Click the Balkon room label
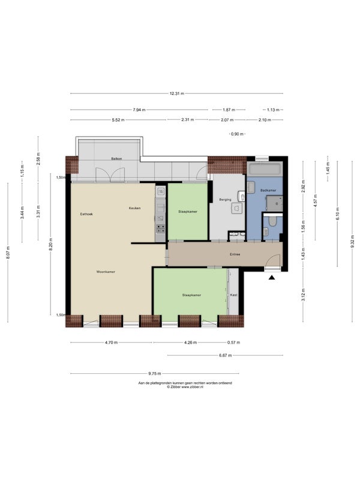(x=116, y=158)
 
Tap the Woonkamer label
(x=106, y=272)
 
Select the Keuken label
(x=134, y=208)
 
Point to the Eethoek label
(x=86, y=214)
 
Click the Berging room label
(x=226, y=200)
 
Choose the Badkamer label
(x=268, y=190)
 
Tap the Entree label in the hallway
(x=235, y=254)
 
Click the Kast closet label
(x=233, y=295)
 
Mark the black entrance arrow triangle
(x=272, y=278)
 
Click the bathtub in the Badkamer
(x=264, y=169)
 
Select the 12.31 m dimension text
(x=177, y=94)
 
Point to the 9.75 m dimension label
(x=155, y=373)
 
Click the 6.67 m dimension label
(x=226, y=355)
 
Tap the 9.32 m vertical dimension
(x=352, y=242)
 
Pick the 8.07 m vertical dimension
(x=8, y=252)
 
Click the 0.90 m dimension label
(x=237, y=134)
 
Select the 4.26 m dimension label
(x=190, y=343)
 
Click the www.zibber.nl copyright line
(x=185, y=386)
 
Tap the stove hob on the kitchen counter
(x=161, y=229)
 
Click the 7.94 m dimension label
(x=139, y=110)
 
